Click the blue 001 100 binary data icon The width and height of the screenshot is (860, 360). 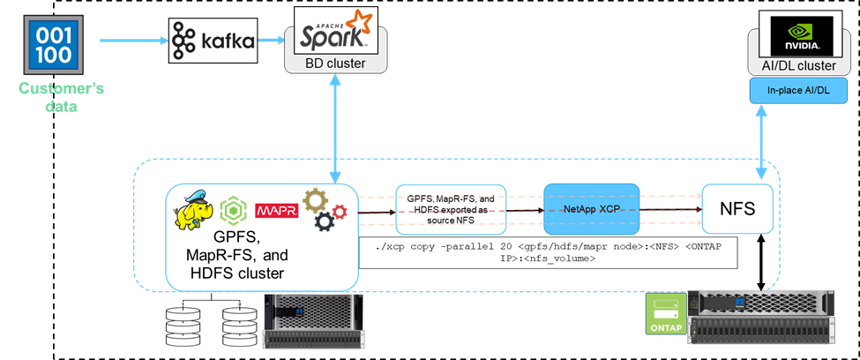click(x=56, y=42)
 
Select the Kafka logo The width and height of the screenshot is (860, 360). click(x=213, y=41)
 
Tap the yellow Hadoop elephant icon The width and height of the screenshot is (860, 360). click(x=193, y=209)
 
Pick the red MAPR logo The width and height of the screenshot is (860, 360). click(x=276, y=211)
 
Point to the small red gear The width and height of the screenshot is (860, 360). click(x=339, y=210)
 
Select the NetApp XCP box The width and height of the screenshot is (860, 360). click(x=590, y=209)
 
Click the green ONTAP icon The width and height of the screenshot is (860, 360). click(x=667, y=312)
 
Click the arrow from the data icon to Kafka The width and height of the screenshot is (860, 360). click(x=132, y=40)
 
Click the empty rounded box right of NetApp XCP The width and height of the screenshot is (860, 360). click(x=737, y=209)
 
